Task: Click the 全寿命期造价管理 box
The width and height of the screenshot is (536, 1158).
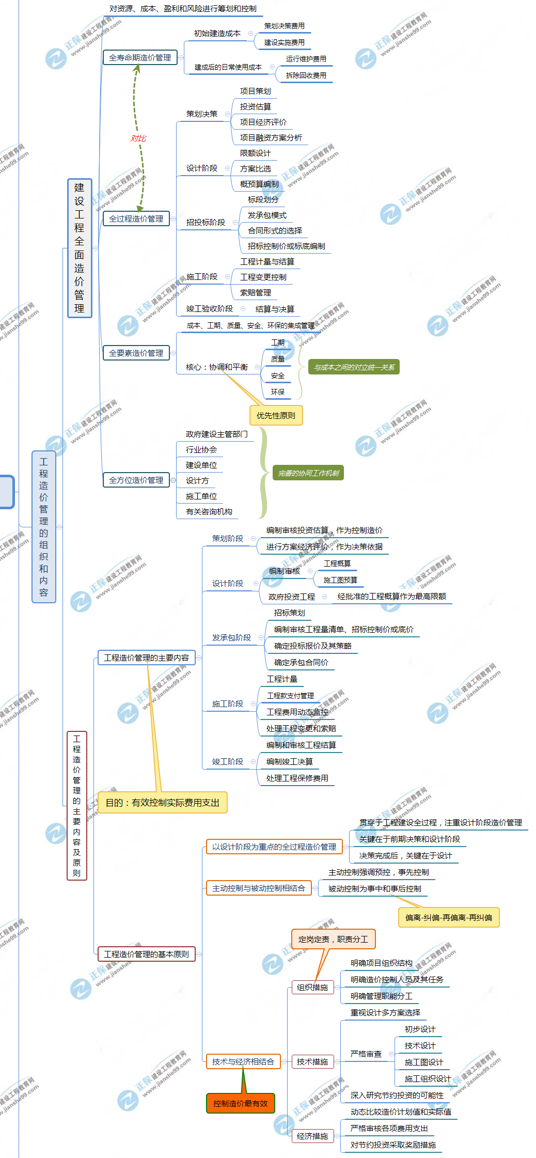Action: (x=140, y=58)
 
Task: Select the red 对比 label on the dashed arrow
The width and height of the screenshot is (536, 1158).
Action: (x=138, y=138)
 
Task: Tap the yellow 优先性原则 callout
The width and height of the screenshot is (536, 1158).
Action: (x=276, y=415)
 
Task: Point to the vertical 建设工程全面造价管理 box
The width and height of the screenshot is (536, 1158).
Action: (x=79, y=248)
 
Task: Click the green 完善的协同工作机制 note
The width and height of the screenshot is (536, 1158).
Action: (x=308, y=473)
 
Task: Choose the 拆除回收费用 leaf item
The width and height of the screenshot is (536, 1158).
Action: (x=306, y=75)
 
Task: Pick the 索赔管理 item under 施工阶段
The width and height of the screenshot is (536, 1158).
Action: (x=256, y=293)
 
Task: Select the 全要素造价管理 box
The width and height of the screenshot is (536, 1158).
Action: (x=136, y=353)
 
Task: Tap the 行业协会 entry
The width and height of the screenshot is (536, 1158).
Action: (x=201, y=450)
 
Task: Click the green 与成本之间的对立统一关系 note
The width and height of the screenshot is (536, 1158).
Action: (x=354, y=367)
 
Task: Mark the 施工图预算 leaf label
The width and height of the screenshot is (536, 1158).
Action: (x=340, y=580)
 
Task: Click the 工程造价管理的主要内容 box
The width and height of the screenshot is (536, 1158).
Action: (x=146, y=658)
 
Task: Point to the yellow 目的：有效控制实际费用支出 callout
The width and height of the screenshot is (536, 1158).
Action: (x=162, y=803)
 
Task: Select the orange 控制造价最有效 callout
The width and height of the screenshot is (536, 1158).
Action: (x=240, y=1103)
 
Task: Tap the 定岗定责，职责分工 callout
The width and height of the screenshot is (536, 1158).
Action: (x=333, y=939)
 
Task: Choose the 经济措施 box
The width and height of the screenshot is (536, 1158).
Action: (x=312, y=1136)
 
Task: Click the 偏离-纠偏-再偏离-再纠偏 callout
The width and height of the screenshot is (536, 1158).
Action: (x=448, y=917)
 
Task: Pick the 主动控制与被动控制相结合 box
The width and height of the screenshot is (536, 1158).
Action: (x=258, y=888)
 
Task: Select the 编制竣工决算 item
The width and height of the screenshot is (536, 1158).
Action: (x=290, y=762)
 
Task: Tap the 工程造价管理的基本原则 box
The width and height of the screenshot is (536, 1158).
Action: (x=146, y=954)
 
